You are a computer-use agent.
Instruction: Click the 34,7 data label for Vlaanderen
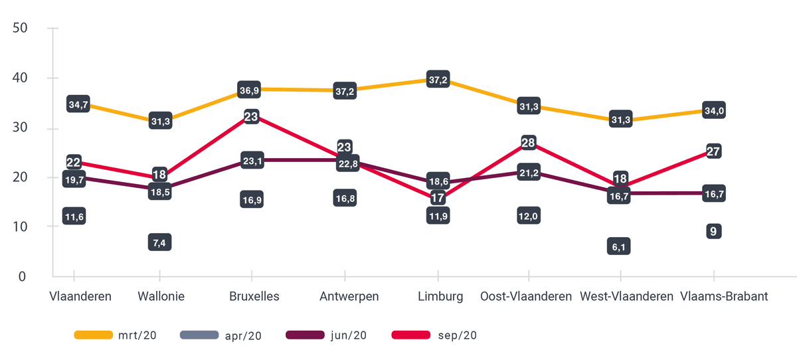coord(78,104)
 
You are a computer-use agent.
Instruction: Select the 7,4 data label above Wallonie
coord(159,242)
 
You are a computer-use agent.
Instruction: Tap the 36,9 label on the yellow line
coord(250,90)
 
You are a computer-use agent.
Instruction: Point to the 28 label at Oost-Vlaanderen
coord(529,143)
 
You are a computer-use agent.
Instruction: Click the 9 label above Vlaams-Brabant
coord(713,231)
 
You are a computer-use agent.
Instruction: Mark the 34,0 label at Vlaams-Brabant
coord(713,110)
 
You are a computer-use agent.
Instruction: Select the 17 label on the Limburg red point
coord(438,197)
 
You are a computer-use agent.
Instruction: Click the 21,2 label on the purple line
coord(529,174)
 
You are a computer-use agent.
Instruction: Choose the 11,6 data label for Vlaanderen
coord(74,216)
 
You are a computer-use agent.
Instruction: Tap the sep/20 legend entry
coord(434,335)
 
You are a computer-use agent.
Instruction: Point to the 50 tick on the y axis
coord(19,28)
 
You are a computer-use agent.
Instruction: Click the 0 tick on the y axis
coord(22,276)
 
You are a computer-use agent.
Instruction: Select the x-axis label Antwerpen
coord(349,297)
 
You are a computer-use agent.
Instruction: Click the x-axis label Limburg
coord(440,297)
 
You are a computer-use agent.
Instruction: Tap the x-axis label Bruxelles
coord(254,297)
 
